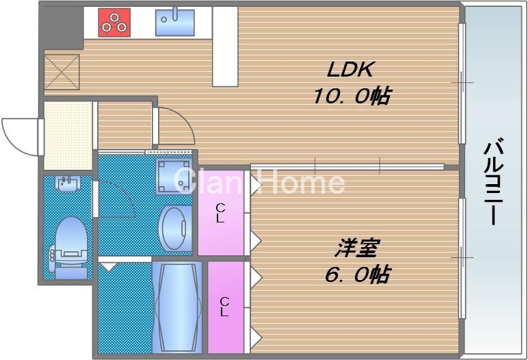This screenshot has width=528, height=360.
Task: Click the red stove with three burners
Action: (x=114, y=23)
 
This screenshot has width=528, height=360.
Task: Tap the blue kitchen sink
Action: (x=174, y=23)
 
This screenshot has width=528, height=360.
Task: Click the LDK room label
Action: (x=349, y=70)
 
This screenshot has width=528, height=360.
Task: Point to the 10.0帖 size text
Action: (x=352, y=96)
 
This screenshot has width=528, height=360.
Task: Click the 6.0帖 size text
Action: (x=356, y=274)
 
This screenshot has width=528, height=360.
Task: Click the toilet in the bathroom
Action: (x=70, y=246)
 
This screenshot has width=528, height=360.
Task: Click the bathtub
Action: (x=177, y=307)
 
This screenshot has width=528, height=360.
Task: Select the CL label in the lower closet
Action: (x=224, y=306)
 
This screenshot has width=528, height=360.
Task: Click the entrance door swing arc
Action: (x=19, y=133)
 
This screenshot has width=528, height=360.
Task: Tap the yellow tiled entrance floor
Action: (x=68, y=136)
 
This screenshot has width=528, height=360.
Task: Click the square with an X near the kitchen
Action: (x=62, y=72)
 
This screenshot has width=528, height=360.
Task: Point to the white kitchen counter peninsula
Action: (x=224, y=47)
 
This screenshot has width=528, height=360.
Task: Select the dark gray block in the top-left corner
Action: (x=60, y=26)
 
